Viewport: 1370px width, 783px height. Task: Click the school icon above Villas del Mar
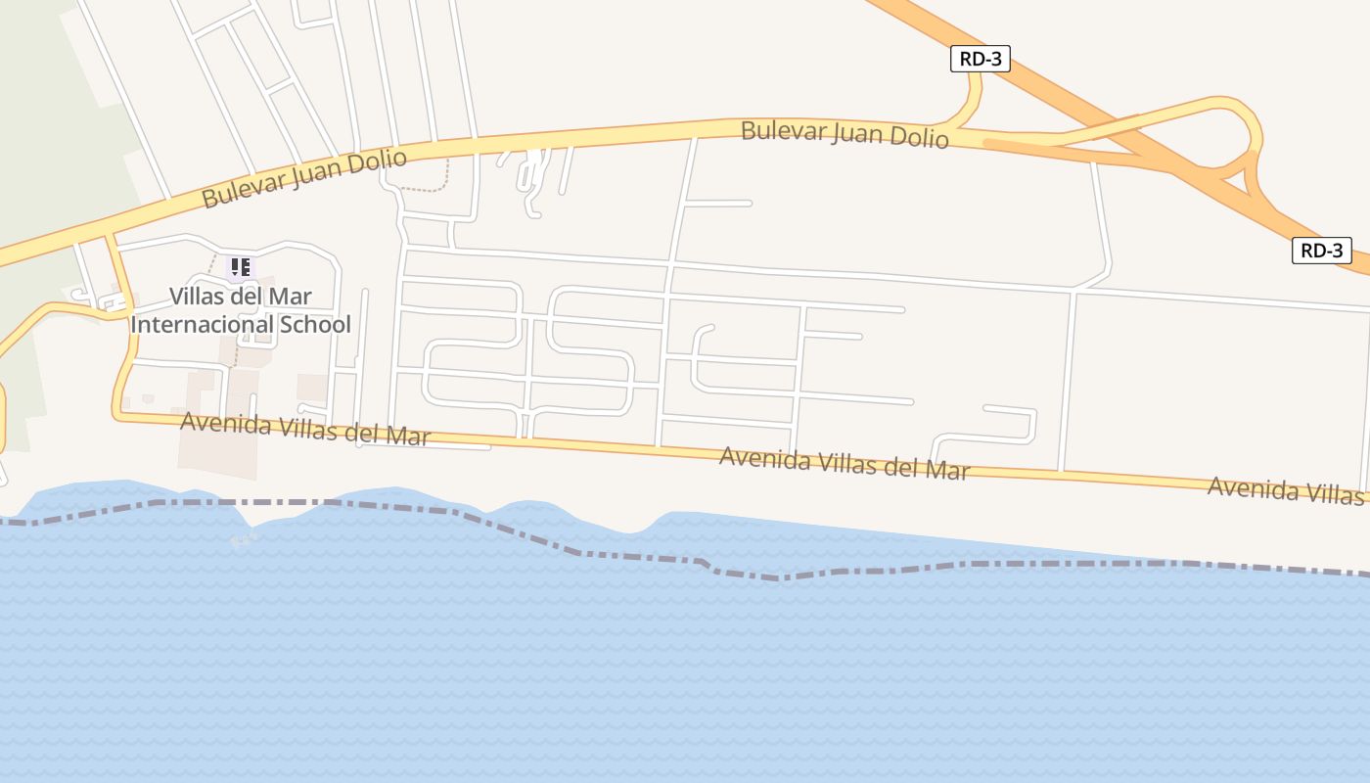pyautogui.click(x=241, y=266)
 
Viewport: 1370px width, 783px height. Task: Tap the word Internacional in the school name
pyautogui.click(x=204, y=325)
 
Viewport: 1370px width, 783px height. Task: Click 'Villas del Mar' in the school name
pyautogui.click(x=241, y=297)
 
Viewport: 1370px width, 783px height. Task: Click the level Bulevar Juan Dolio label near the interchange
pyautogui.click(x=845, y=133)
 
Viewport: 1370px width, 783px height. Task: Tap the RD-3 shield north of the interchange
pyautogui.click(x=980, y=60)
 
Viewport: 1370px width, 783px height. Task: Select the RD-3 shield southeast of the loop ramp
pyautogui.click(x=1321, y=251)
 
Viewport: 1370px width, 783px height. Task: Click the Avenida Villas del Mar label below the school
pyautogui.click(x=305, y=429)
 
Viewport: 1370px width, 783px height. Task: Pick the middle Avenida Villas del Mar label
pyautogui.click(x=845, y=462)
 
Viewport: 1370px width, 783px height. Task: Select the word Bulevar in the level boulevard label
pyautogui.click(x=781, y=129)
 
